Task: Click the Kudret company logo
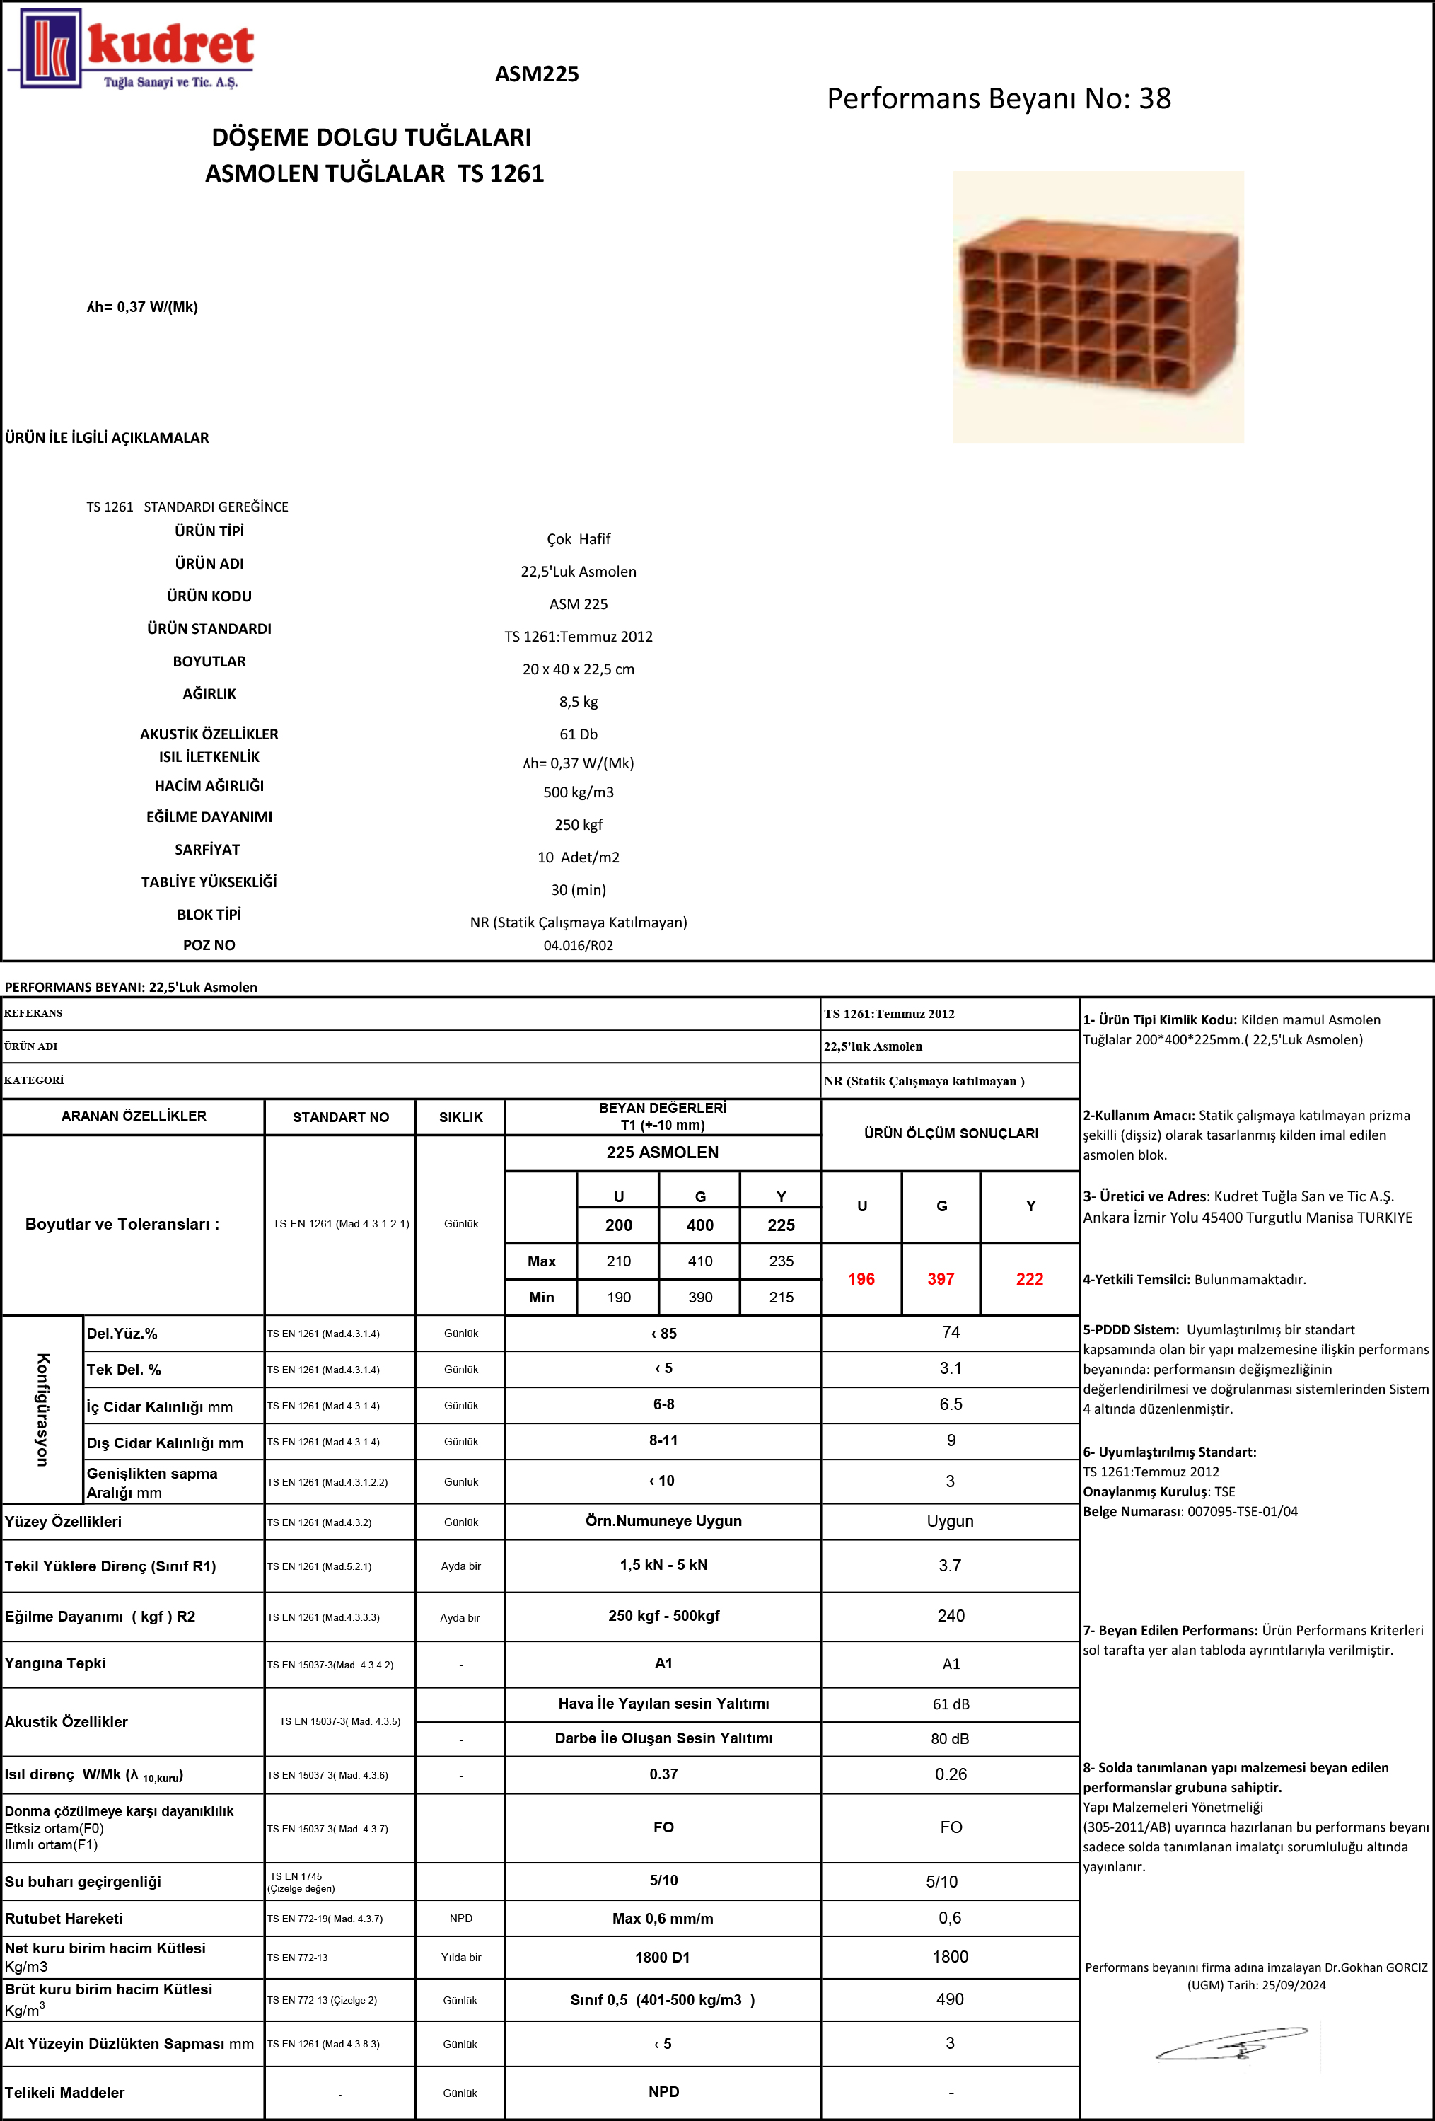coord(132,50)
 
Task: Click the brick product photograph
coord(1098,306)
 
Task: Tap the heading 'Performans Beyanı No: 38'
coord(999,98)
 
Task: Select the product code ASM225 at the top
coord(536,74)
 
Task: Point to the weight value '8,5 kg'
coord(579,702)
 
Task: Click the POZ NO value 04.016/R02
coord(579,945)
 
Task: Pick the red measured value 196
coord(861,1278)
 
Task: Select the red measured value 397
coord(941,1278)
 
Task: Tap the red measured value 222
coord(1030,1278)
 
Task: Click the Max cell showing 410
coord(699,1261)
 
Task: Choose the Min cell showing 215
coord(781,1297)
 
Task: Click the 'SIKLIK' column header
coord(460,1117)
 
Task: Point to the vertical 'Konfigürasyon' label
coord(42,1409)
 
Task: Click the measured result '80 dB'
coord(950,1738)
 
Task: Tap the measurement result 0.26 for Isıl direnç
coord(951,1774)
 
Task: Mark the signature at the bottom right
coord(1231,2045)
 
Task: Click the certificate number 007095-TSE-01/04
coord(1243,1511)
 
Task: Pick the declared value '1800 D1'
coord(663,1958)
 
